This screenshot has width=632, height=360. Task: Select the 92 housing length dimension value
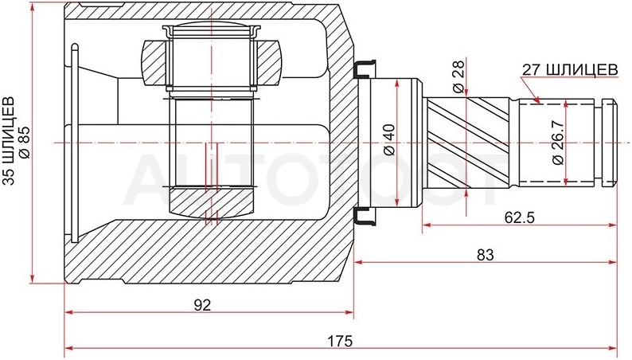pyautogui.click(x=202, y=305)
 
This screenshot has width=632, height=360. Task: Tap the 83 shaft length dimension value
pyautogui.click(x=486, y=255)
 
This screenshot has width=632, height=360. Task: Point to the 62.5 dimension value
pyautogui.click(x=519, y=217)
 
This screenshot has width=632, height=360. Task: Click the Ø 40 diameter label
pyautogui.click(x=389, y=140)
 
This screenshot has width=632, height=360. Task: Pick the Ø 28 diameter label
pyautogui.click(x=458, y=77)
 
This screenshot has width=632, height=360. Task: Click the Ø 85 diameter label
pyautogui.click(x=25, y=143)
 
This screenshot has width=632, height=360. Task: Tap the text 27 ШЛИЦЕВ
pyautogui.click(x=570, y=70)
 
